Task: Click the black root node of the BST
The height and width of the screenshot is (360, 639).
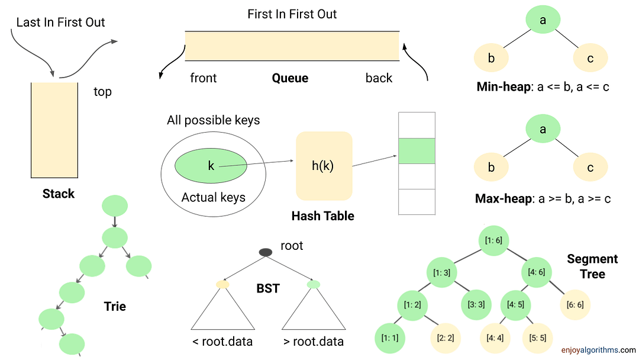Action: [266, 252]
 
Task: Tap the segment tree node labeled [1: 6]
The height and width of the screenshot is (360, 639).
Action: [493, 240]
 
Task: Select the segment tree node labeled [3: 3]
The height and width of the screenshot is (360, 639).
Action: [477, 304]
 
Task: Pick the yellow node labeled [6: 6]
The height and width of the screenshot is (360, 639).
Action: [575, 304]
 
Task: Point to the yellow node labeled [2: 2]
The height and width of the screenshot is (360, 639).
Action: [444, 337]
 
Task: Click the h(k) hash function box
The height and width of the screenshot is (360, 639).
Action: [323, 166]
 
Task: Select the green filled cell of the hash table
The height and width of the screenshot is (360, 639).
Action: [417, 151]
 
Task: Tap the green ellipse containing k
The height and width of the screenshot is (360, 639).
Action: [211, 166]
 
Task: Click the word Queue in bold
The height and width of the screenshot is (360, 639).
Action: [290, 78]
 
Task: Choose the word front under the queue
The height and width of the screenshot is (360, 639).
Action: [203, 78]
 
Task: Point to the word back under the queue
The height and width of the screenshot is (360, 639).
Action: [379, 78]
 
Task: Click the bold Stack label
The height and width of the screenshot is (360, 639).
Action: [59, 194]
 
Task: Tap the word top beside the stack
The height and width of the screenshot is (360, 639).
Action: [102, 92]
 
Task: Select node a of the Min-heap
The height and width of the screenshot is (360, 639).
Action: [542, 21]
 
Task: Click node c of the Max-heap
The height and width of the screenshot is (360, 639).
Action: [590, 168]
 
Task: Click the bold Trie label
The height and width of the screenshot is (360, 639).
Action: [114, 306]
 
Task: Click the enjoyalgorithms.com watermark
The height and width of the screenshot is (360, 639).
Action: [599, 350]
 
